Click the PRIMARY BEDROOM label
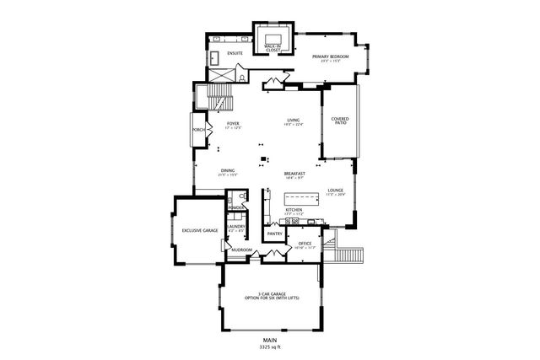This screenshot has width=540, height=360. click(x=330, y=57)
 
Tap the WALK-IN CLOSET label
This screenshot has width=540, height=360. click(x=273, y=49)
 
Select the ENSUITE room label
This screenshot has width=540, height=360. click(x=235, y=53)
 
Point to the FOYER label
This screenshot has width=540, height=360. click(x=233, y=125)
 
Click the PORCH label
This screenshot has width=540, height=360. click(x=199, y=130)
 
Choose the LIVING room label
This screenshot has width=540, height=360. click(x=294, y=121)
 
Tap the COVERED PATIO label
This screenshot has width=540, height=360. click(x=340, y=121)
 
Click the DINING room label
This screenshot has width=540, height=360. click(x=228, y=171)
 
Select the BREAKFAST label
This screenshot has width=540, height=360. click(x=294, y=172)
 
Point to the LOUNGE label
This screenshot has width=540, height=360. click(x=335, y=191)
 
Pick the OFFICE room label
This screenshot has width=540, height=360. click(x=305, y=244)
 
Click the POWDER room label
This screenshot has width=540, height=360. click(x=236, y=207)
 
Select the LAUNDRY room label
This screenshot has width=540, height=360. click(x=236, y=227)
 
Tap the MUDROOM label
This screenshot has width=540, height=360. click(x=242, y=250)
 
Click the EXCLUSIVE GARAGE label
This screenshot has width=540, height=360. click(x=199, y=229)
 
